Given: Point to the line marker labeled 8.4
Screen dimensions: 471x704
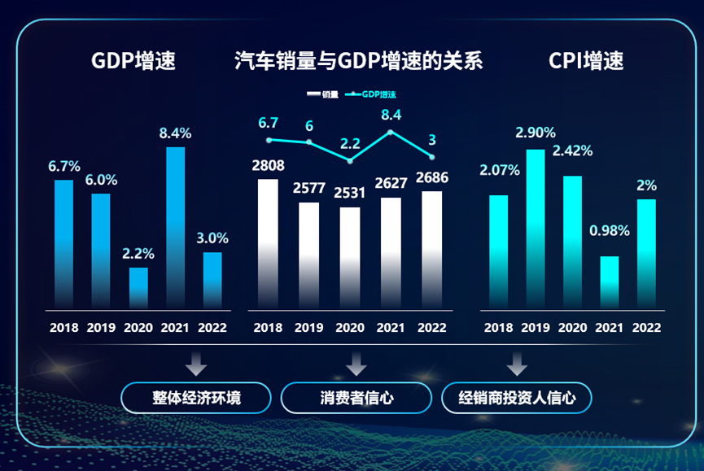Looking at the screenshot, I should click(x=391, y=132).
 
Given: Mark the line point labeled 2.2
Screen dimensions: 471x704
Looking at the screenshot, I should click(x=350, y=161).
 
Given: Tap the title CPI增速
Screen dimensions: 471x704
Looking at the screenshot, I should click(x=586, y=61).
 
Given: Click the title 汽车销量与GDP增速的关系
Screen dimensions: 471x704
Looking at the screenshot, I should click(x=358, y=61).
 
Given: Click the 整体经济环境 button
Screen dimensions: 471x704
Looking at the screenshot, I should click(x=196, y=398).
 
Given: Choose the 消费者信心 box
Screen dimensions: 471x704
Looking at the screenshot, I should click(x=356, y=398).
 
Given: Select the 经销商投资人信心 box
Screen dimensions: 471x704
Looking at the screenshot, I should click(x=516, y=398).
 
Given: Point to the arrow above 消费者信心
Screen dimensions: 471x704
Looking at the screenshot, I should click(x=356, y=364).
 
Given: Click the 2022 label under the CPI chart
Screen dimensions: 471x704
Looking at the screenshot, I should click(x=646, y=328).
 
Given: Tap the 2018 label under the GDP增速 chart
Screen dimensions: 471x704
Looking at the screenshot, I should click(x=64, y=328).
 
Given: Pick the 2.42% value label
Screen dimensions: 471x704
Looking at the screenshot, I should click(x=572, y=150).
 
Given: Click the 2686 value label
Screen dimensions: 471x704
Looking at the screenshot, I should click(x=431, y=177).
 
